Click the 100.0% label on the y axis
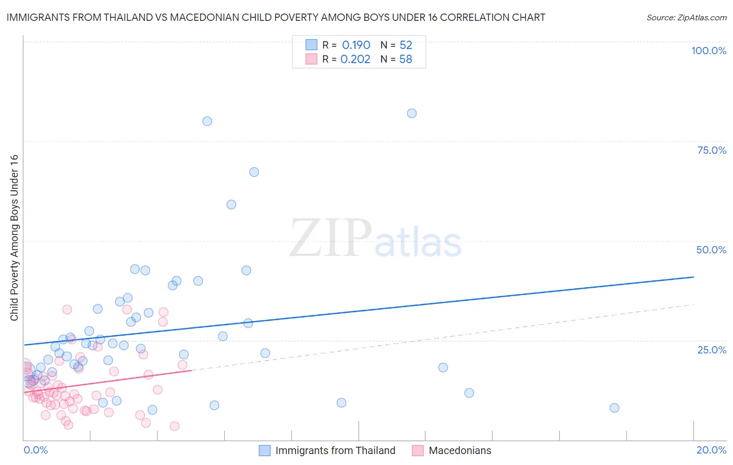708,51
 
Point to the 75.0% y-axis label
712,150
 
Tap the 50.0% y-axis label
711,250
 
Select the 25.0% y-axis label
712,349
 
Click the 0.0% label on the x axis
35,450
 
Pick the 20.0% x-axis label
711,450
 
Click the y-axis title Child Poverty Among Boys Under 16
15,238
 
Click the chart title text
276,17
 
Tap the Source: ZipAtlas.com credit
686,17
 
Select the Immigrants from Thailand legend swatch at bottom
265,450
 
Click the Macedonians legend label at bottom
460,450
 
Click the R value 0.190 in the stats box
356,45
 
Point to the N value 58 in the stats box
406,59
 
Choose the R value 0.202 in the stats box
356,59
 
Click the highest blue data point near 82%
412,113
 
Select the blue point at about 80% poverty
207,121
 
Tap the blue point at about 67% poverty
254,172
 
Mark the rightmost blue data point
615,408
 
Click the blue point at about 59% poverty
231,204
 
